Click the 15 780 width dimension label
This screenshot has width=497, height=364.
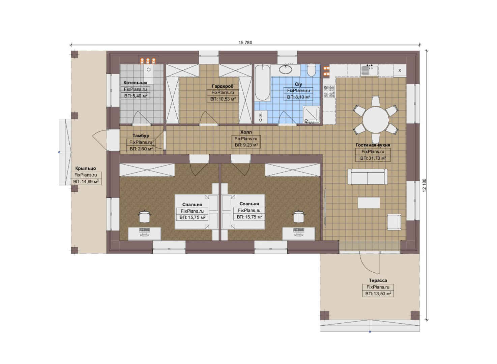tap(245, 42)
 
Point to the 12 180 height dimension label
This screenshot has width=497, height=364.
tap(425, 185)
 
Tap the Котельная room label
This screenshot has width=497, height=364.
tap(135, 83)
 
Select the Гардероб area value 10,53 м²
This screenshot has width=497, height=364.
tap(223, 99)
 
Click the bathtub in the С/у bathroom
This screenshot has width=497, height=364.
tap(262, 83)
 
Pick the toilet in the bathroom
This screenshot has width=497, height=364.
tap(311, 70)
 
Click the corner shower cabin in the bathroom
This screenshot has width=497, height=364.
tap(312, 115)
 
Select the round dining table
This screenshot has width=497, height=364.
tap(376, 120)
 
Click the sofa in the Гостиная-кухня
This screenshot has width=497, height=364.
tap(368, 177)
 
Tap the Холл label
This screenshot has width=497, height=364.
tap(246, 132)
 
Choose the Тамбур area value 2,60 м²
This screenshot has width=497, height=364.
tap(141, 149)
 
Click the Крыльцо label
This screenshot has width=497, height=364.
tap(85, 169)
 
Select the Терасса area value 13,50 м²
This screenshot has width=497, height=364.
tap(378, 294)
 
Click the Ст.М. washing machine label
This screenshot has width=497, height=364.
tap(261, 117)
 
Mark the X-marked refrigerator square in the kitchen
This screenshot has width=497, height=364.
tap(400, 70)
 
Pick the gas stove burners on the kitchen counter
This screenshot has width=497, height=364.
tap(329, 91)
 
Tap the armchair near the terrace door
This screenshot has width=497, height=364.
tap(394, 222)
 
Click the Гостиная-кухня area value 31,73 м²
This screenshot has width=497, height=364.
tap(373, 158)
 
